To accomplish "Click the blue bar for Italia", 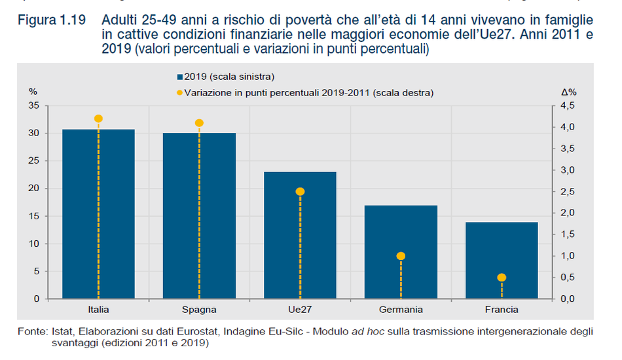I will (x=98, y=216).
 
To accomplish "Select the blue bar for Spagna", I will (x=199, y=216).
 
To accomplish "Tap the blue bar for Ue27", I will (x=300, y=236).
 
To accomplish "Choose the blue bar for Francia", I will (x=502, y=262).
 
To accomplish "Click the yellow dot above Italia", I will (x=98, y=118).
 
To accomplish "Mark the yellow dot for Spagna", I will (x=199, y=123).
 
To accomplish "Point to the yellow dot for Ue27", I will (x=300, y=192).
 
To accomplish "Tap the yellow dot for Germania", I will (x=401, y=256).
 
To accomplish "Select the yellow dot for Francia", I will (x=502, y=278).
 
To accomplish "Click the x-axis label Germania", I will (x=401, y=310).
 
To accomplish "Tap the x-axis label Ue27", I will (x=300, y=310).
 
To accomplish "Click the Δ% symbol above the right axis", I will (x=568, y=92).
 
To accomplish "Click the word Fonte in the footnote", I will (x=31, y=332).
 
